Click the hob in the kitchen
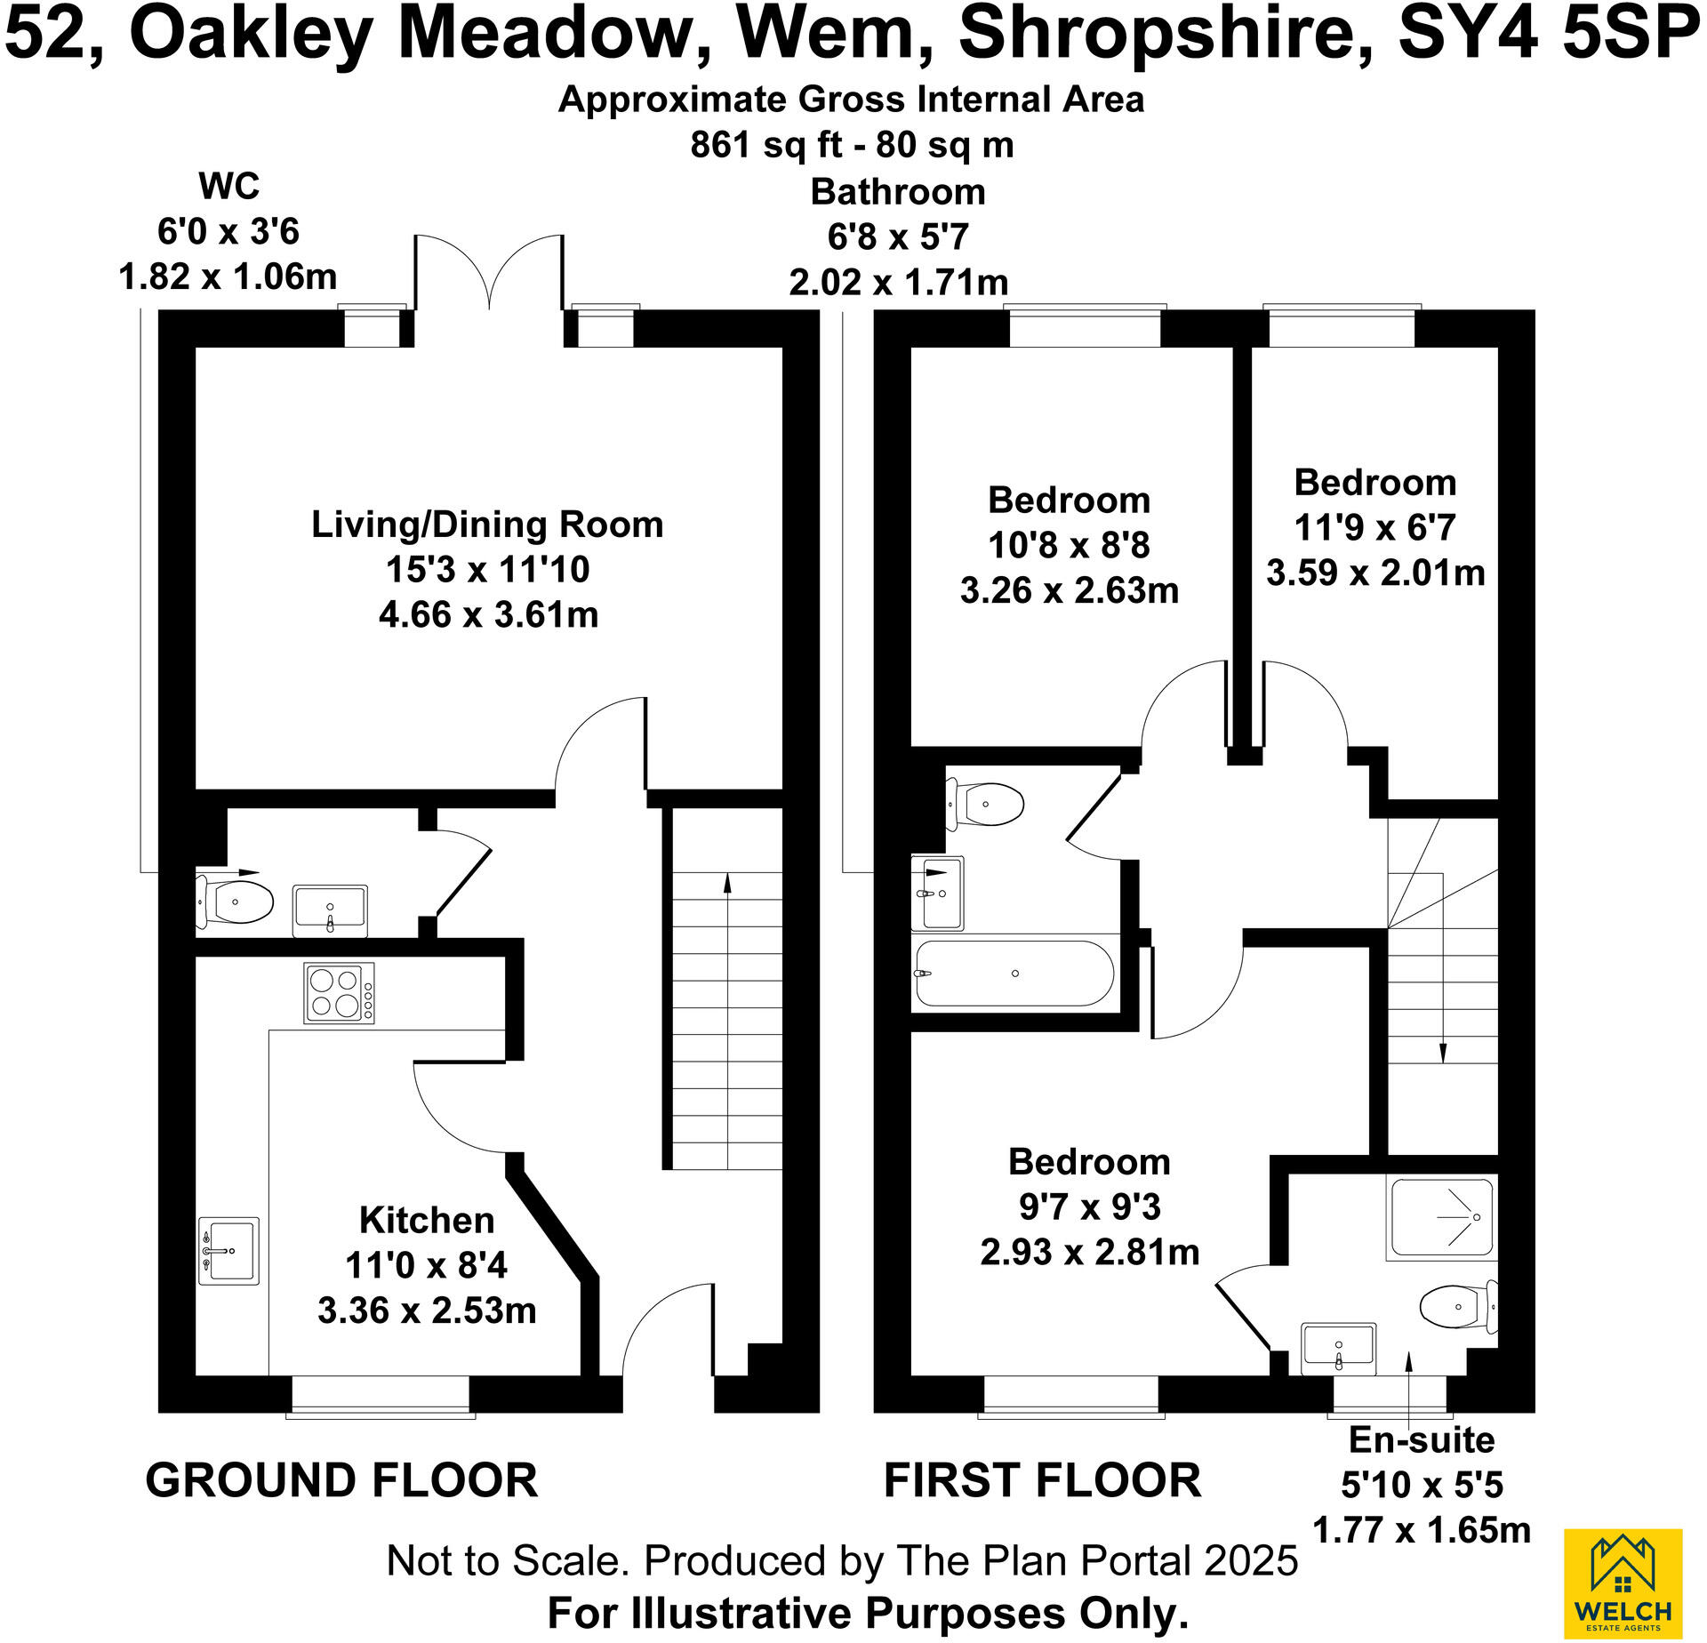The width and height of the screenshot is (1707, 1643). tap(339, 993)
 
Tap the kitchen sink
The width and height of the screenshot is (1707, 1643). tap(228, 1251)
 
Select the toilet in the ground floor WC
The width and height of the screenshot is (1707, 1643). tap(235, 902)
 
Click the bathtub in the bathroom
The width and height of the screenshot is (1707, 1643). tap(1014, 974)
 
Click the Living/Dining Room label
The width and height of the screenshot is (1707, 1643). tap(487, 525)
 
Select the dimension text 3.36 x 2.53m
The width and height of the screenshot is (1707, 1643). tap(427, 1310)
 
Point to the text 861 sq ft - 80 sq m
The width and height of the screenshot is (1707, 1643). tap(852, 144)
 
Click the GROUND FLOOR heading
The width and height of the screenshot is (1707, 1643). tap(341, 1481)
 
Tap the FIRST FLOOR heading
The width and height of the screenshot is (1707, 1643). tap(1042, 1481)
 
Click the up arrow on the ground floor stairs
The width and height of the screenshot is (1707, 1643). tap(727, 884)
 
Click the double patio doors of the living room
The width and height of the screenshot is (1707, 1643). tap(489, 276)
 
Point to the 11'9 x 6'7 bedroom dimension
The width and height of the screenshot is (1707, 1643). tap(1374, 527)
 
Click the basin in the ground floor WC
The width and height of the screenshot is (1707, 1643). tap(330, 910)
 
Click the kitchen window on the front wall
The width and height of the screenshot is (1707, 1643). tap(381, 1393)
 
